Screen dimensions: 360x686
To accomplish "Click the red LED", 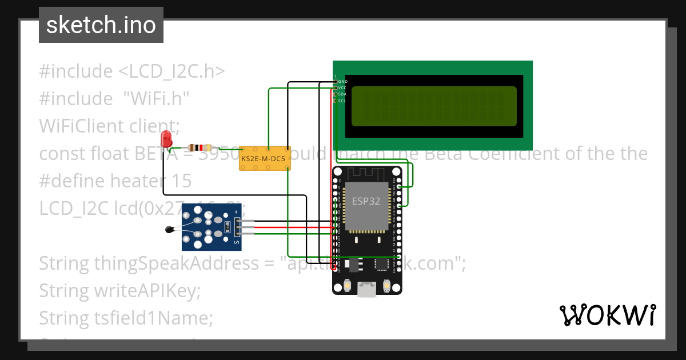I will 166,138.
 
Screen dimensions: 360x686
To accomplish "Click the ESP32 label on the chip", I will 366,201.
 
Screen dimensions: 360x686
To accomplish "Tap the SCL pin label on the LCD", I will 342,101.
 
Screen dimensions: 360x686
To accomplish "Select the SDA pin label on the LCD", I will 342,94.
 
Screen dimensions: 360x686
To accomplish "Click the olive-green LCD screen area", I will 434,106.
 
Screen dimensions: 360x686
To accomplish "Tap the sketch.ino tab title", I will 101,25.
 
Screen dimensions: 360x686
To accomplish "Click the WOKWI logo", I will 607,315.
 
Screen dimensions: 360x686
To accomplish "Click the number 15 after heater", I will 182,181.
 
